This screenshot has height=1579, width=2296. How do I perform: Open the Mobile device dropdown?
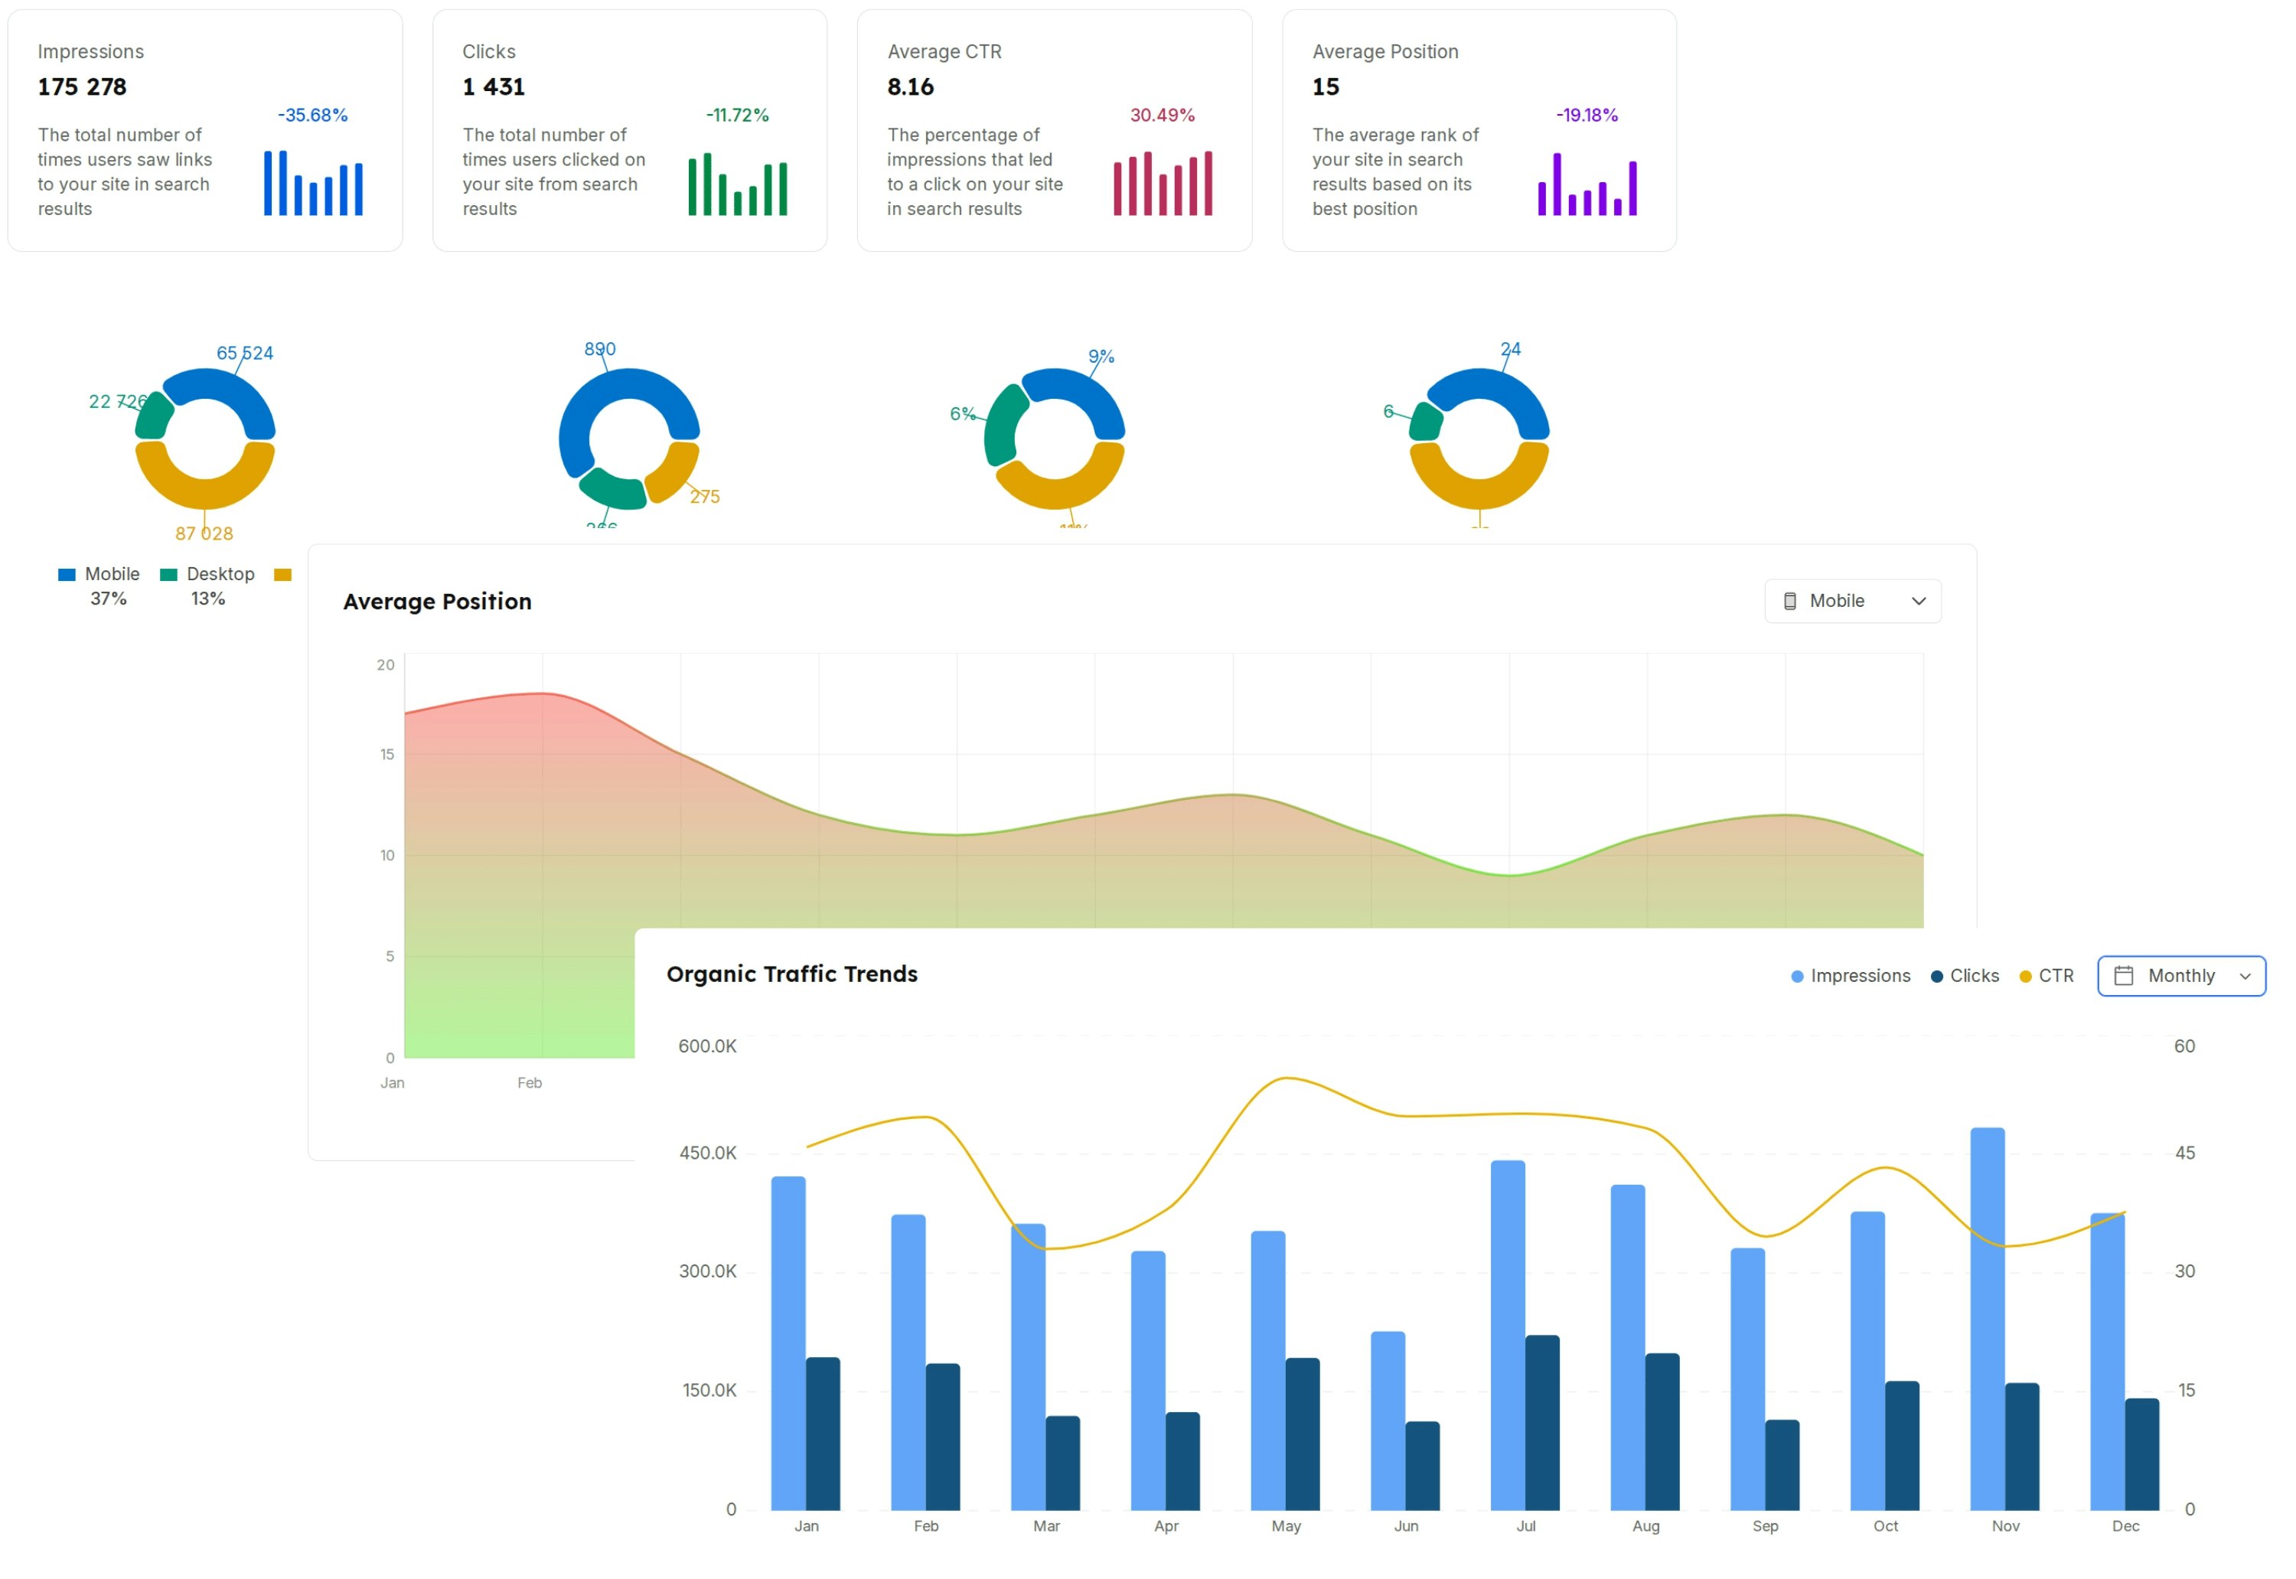pyautogui.click(x=1852, y=601)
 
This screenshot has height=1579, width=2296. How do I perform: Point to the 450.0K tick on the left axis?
pyautogui.click(x=707, y=1153)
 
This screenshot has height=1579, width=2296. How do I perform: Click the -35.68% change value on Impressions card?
pyautogui.click(x=312, y=115)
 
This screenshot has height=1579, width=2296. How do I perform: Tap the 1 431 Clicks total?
pyautogui.click(x=494, y=87)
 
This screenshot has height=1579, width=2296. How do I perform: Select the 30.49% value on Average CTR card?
pyautogui.click(x=1163, y=115)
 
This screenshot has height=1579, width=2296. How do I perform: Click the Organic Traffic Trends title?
pyautogui.click(x=791, y=974)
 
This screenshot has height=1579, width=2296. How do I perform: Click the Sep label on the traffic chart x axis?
pyautogui.click(x=1765, y=1525)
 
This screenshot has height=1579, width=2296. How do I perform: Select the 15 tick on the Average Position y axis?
pyautogui.click(x=386, y=755)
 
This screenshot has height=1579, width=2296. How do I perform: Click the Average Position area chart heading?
pyautogui.click(x=437, y=602)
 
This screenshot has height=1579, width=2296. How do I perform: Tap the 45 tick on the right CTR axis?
pyautogui.click(x=2184, y=1153)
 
